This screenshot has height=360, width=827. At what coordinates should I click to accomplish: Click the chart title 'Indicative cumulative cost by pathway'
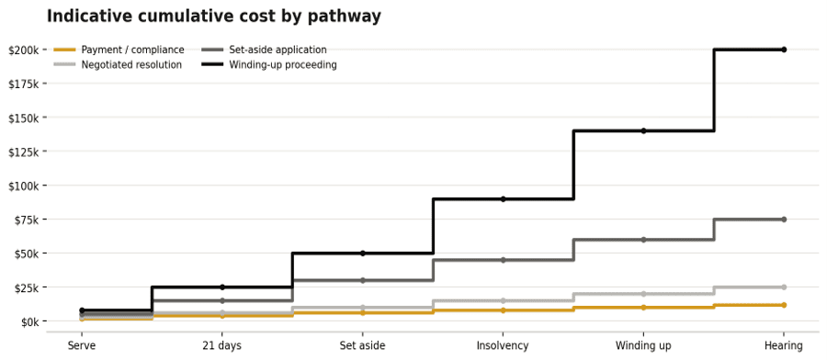pos(213,17)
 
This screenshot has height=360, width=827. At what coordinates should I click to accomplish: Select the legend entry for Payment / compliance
pos(119,51)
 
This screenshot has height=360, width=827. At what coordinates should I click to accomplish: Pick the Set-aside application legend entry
pos(265,51)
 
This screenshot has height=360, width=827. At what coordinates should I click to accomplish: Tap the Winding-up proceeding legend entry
pos(269,65)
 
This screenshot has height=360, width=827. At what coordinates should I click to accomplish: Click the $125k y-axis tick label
pos(24,152)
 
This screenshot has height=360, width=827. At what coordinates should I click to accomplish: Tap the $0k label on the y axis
pos(28,321)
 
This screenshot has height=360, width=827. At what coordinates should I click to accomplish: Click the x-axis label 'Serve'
pos(81,346)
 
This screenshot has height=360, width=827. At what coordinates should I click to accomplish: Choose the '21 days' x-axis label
pos(222,346)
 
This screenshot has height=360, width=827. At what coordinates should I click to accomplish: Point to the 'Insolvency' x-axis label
pos(503,346)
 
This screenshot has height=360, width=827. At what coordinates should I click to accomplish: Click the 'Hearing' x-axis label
pos(784,346)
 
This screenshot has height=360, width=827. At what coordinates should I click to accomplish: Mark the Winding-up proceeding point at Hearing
pos(784,50)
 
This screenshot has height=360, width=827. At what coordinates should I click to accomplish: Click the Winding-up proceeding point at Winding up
pos(643,130)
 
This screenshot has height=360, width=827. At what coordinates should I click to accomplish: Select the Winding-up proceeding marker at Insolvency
pos(504,199)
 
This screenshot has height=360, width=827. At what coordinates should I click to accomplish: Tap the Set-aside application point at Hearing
pos(784,219)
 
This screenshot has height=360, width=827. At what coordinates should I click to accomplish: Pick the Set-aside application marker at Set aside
pos(362,280)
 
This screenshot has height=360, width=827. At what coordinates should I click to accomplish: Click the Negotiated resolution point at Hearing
pos(784,287)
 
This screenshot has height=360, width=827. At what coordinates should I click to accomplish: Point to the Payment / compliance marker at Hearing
pos(784,305)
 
